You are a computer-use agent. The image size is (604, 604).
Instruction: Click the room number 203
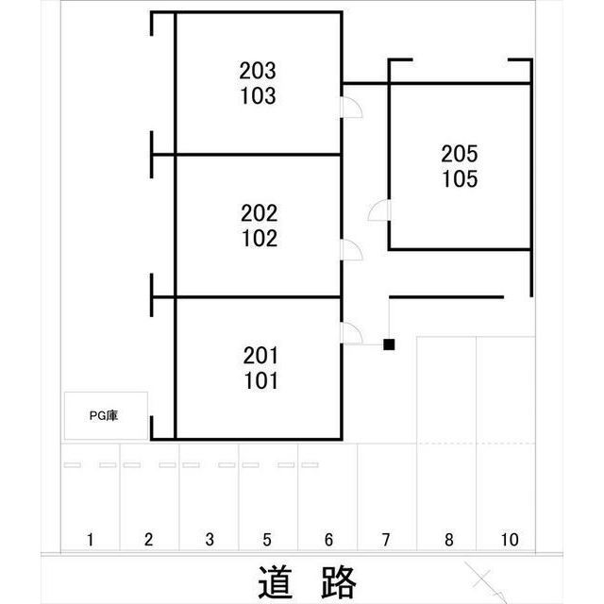(258, 70)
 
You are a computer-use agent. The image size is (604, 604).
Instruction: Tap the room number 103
(258, 95)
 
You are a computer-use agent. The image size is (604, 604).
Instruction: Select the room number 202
(259, 213)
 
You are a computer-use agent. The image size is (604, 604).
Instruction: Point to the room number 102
(259, 239)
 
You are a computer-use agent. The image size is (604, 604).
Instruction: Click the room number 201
(260, 356)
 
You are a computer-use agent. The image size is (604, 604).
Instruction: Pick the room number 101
(260, 381)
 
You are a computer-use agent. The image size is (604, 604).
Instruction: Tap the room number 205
(460, 153)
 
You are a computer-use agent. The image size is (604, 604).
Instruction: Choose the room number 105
(460, 178)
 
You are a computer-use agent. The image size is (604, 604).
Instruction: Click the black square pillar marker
(389, 344)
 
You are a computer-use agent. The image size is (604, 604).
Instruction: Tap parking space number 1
(90, 540)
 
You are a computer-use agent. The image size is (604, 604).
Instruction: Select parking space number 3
(210, 540)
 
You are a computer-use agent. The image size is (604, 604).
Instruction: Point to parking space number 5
(267, 540)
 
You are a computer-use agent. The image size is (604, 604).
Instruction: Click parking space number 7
(386, 540)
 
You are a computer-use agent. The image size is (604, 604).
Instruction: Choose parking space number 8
(448, 540)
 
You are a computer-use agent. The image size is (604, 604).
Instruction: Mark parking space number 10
(510, 540)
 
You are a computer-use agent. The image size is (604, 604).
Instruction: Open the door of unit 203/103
(350, 108)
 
